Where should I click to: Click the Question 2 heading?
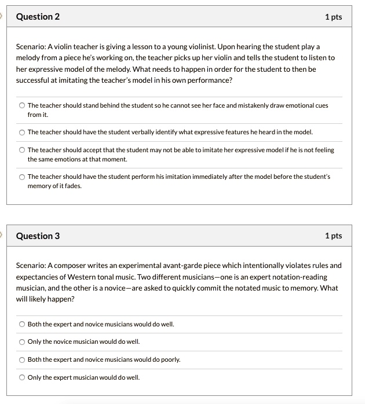[x=38, y=17]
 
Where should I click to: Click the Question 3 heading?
[x=38, y=236]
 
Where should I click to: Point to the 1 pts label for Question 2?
[x=333, y=17]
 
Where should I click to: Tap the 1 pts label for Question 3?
[x=333, y=236]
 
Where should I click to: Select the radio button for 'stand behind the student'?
[x=22, y=105]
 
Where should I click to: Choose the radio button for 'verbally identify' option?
[x=22, y=132]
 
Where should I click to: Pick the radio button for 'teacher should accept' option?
[x=22, y=150]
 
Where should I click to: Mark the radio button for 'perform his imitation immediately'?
[x=22, y=177]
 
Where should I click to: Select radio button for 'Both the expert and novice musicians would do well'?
[x=22, y=324]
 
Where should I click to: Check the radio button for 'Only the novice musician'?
[x=22, y=341]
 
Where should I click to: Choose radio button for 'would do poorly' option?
[x=22, y=359]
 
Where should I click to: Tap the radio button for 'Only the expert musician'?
[x=22, y=377]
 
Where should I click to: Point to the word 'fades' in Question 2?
[x=72, y=186]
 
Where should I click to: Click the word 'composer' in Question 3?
[x=71, y=266]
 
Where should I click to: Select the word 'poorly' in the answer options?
[x=170, y=359]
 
